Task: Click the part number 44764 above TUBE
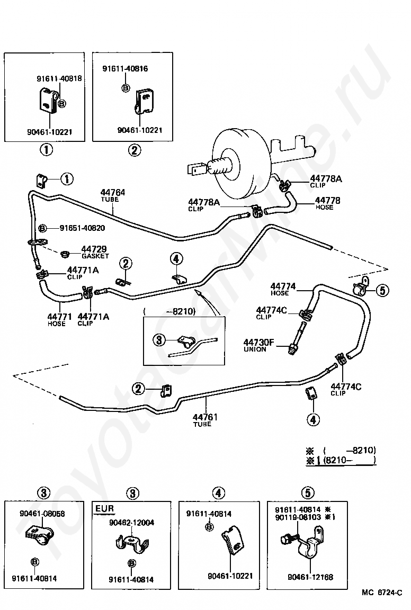tap(113, 192)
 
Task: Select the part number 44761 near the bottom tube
tap(205, 417)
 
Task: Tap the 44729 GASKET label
tap(95, 252)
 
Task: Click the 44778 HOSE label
tap(327, 203)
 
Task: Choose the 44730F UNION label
tap(258, 345)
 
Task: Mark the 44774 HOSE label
tap(283, 290)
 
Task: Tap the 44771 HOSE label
tap(59, 320)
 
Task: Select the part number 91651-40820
tap(82, 228)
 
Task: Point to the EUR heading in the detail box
tap(105, 508)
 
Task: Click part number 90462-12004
tap(131, 523)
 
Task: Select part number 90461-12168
tap(310, 577)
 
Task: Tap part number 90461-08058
tap(42, 514)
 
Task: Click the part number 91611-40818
tap(59, 78)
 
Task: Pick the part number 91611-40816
tap(125, 69)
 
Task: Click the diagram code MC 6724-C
tap(381, 593)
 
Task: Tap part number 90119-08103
tap(298, 517)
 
